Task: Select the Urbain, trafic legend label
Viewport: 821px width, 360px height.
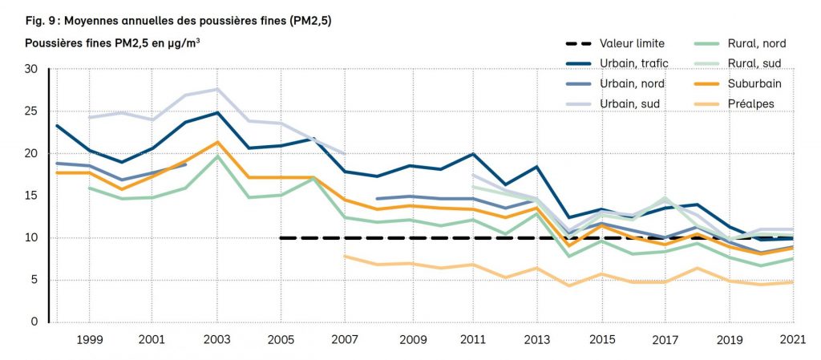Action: pyautogui.click(x=633, y=63)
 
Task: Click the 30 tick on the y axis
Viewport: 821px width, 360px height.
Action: pyautogui.click(x=31, y=69)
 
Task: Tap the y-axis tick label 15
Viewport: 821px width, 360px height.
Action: pyautogui.click(x=31, y=196)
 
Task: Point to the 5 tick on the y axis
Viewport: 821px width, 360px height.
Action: pyautogui.click(x=34, y=280)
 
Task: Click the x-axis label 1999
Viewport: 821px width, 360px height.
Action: pyautogui.click(x=88, y=340)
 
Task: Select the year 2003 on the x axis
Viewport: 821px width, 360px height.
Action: pyautogui.click(x=216, y=340)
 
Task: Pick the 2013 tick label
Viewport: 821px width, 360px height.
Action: pyautogui.click(x=536, y=340)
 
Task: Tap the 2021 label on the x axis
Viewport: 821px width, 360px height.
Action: pyautogui.click(x=792, y=340)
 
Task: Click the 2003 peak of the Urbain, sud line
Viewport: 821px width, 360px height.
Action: pyautogui.click(x=216, y=89)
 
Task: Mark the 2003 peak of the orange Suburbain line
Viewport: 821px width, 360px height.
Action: pyautogui.click(x=216, y=142)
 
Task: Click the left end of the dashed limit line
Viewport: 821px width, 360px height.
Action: pyautogui.click(x=281, y=238)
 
